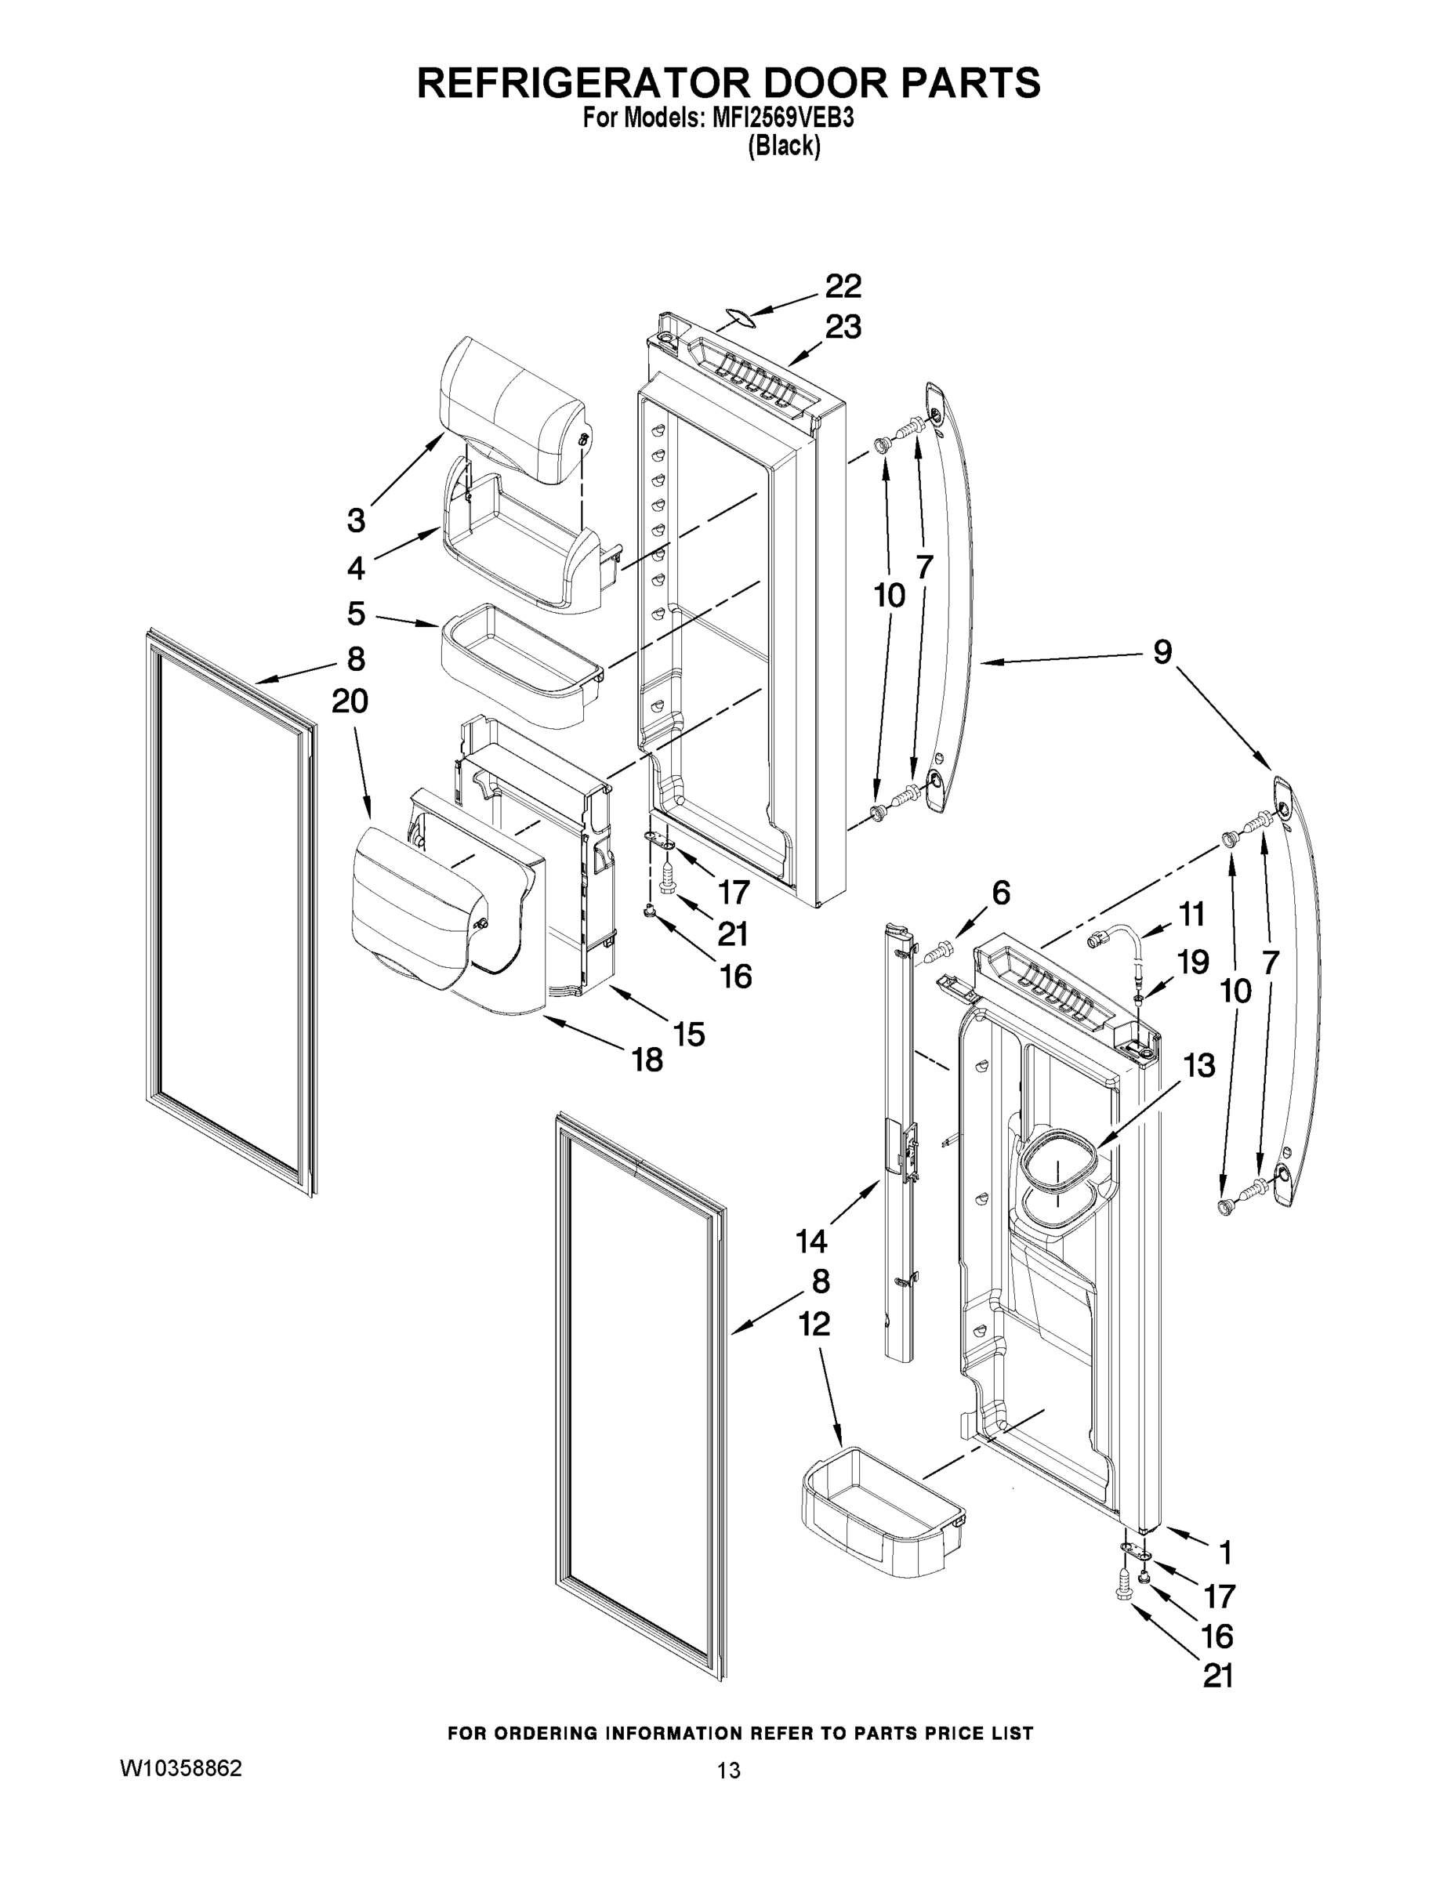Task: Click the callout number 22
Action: (x=843, y=287)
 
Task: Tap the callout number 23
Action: (x=843, y=328)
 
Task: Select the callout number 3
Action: (x=356, y=521)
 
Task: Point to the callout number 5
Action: (x=356, y=614)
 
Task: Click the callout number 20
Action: (x=350, y=702)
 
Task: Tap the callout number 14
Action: (x=810, y=1241)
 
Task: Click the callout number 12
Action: (x=814, y=1324)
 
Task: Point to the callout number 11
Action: (x=1191, y=914)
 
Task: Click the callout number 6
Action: (x=1000, y=893)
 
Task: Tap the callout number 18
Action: (x=647, y=1060)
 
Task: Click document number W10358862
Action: (x=181, y=1769)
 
